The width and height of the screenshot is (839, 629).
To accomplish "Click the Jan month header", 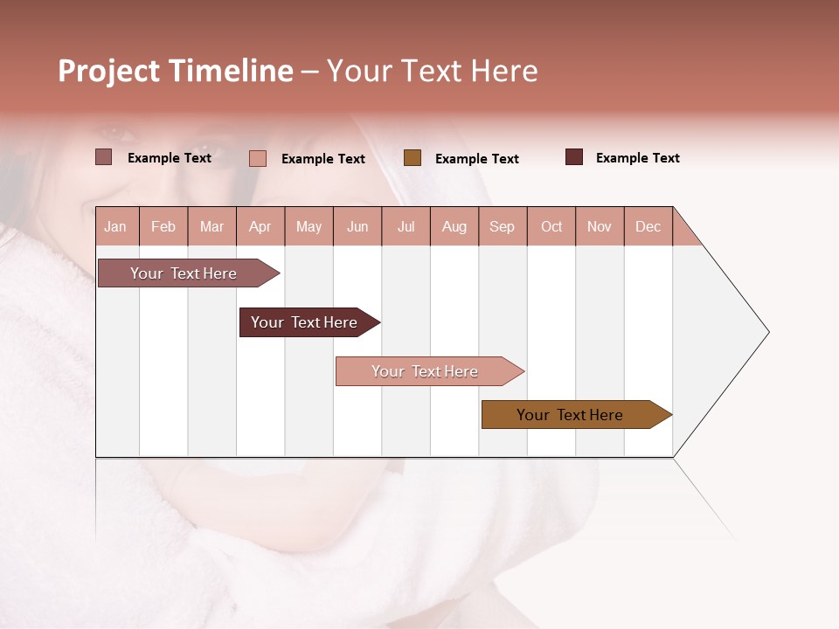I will click(x=116, y=226).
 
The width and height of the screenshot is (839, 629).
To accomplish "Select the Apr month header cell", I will click(x=260, y=226).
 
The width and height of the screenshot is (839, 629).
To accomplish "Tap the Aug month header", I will click(x=454, y=226).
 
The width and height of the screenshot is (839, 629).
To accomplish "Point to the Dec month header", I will click(x=648, y=226).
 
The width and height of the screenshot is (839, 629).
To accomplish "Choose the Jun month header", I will click(x=357, y=226).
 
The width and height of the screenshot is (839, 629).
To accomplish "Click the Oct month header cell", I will click(x=551, y=226).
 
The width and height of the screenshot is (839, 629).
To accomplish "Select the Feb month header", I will click(x=163, y=226).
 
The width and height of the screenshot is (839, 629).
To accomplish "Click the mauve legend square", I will click(x=104, y=157).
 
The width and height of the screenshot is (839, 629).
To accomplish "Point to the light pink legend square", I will click(x=258, y=158).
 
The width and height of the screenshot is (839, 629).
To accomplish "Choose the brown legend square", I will click(x=413, y=158).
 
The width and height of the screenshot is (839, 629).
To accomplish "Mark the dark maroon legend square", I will click(x=574, y=157).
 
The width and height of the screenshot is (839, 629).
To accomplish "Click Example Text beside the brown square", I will click(x=476, y=159).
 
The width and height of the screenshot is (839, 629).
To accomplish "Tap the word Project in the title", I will click(x=109, y=72).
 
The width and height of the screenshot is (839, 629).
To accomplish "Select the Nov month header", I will click(x=600, y=226).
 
